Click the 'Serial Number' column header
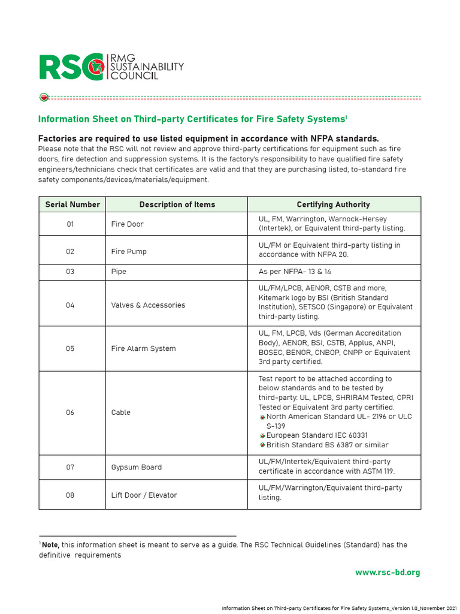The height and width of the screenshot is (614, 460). [x=72, y=204]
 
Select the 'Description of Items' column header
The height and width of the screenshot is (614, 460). [x=177, y=204]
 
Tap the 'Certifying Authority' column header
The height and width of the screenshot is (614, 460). [x=334, y=204]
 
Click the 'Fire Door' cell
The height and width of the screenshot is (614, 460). [x=128, y=224]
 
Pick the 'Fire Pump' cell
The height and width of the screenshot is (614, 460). [x=129, y=252]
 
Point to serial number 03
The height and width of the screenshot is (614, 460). [x=71, y=272]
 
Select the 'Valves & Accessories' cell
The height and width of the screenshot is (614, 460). [x=148, y=305]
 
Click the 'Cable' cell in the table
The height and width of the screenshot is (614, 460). [x=120, y=413]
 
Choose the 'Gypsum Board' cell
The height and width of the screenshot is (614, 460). [x=136, y=467]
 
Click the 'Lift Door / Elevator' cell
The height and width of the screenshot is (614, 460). [x=144, y=495]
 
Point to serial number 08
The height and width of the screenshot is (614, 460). [x=71, y=495]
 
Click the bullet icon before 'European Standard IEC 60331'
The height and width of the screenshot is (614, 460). [x=262, y=436]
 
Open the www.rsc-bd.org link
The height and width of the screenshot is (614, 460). [x=388, y=573]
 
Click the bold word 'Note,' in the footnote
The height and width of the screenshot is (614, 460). [x=50, y=545]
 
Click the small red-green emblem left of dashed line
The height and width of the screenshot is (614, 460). [x=44, y=97]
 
